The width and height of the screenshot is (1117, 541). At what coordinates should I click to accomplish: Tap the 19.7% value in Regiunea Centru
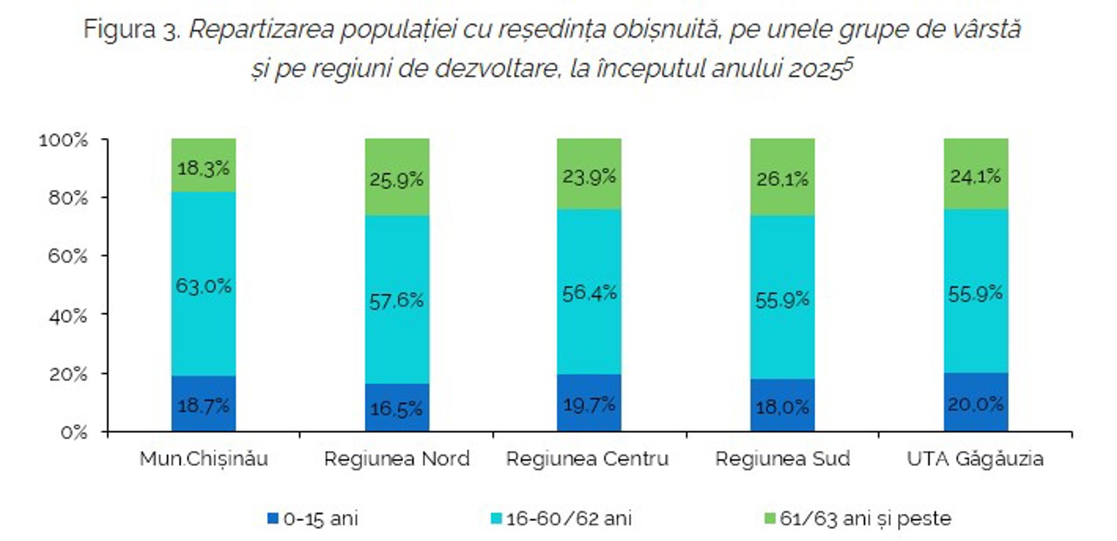tap(590, 404)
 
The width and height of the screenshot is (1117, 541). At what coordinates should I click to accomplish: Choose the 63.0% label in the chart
tap(203, 285)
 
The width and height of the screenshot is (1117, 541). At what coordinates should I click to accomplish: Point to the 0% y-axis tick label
tap(73, 432)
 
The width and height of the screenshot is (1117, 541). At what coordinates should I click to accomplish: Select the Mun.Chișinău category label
tap(203, 459)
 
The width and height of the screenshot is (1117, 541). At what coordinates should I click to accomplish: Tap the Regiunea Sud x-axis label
tap(782, 459)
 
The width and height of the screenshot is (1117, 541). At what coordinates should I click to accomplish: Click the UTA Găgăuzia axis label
tap(976, 459)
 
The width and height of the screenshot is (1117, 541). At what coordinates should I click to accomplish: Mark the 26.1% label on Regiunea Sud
tap(783, 179)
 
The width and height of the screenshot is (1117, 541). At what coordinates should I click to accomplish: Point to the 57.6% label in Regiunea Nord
tap(397, 300)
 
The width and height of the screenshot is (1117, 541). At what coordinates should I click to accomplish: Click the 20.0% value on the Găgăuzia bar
tap(976, 404)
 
